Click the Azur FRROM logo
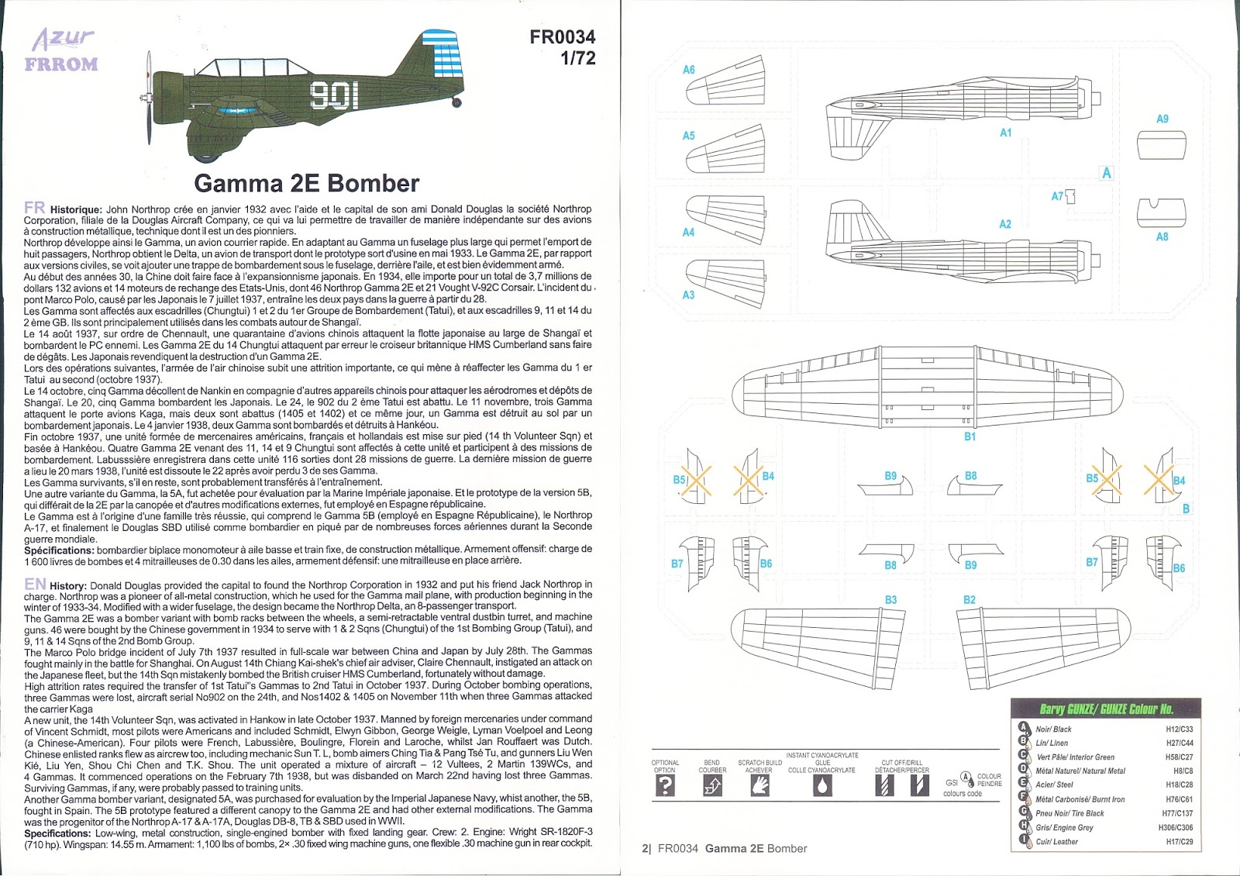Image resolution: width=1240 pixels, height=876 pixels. tap(63, 50)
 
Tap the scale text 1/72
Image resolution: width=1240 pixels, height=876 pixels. tap(577, 58)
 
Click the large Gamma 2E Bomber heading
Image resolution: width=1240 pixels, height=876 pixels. tap(306, 184)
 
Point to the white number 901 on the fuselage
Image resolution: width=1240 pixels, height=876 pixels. tap(334, 95)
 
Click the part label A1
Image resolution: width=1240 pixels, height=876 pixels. tap(1005, 133)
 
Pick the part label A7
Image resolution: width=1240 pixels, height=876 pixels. tap(1057, 196)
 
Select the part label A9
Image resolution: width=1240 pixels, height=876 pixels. tap(1162, 119)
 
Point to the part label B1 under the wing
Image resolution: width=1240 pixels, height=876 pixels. tap(970, 436)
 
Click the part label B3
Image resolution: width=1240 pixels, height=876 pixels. tap(890, 599)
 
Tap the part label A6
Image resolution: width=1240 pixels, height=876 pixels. tap(688, 70)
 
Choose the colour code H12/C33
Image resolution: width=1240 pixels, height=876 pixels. tap(1179, 729)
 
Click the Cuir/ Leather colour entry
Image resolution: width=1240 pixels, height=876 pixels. tap(1057, 841)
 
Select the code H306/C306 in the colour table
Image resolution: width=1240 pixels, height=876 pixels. tap(1176, 827)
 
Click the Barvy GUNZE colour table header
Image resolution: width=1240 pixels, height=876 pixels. tap(1106, 709)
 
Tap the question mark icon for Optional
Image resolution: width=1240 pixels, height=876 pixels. tap(665, 786)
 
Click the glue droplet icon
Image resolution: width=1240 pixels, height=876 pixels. tap(821, 786)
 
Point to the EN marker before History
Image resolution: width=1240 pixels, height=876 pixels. tap(35, 585)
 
